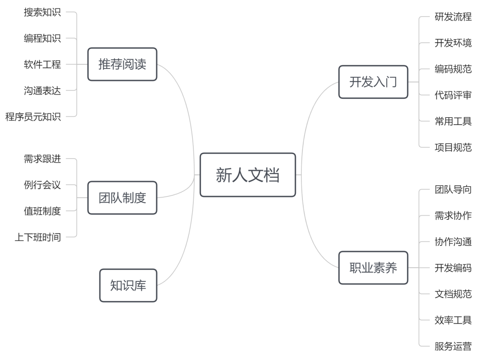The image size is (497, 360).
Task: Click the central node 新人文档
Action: (x=248, y=175)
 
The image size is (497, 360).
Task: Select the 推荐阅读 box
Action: (x=122, y=64)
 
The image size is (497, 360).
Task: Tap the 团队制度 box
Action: (x=122, y=198)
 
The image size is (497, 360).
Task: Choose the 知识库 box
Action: (x=128, y=286)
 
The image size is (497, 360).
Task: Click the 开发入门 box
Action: (x=373, y=82)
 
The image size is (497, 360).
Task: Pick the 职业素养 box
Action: (x=373, y=268)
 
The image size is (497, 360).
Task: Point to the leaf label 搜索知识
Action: (x=42, y=12)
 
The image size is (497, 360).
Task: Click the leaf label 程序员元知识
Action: (x=33, y=117)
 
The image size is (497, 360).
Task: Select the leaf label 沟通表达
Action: (x=42, y=91)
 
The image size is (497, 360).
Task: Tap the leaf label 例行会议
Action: (x=42, y=185)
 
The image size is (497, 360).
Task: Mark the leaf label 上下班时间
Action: (x=38, y=237)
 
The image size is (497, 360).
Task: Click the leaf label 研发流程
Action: (x=453, y=17)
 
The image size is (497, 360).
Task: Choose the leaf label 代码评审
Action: (x=453, y=95)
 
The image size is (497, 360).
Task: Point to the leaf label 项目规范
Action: (x=453, y=148)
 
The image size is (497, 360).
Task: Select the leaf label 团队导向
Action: (x=453, y=189)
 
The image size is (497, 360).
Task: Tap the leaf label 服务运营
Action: (x=453, y=346)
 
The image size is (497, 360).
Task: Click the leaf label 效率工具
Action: (x=453, y=320)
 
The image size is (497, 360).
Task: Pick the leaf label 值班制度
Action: (x=42, y=211)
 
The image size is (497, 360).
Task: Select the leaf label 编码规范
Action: (x=453, y=69)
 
